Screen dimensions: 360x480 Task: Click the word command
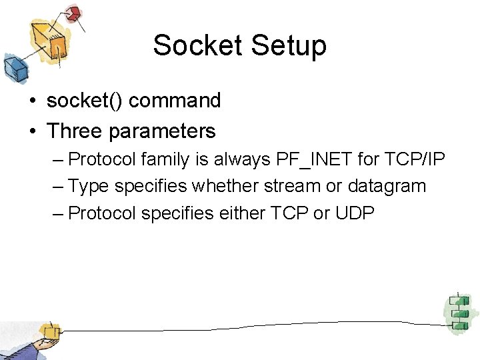point(175,101)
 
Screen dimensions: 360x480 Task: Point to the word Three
point(74,131)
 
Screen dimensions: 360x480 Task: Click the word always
point(238,159)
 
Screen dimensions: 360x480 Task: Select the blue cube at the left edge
point(13,67)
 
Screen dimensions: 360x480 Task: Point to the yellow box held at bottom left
point(49,331)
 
